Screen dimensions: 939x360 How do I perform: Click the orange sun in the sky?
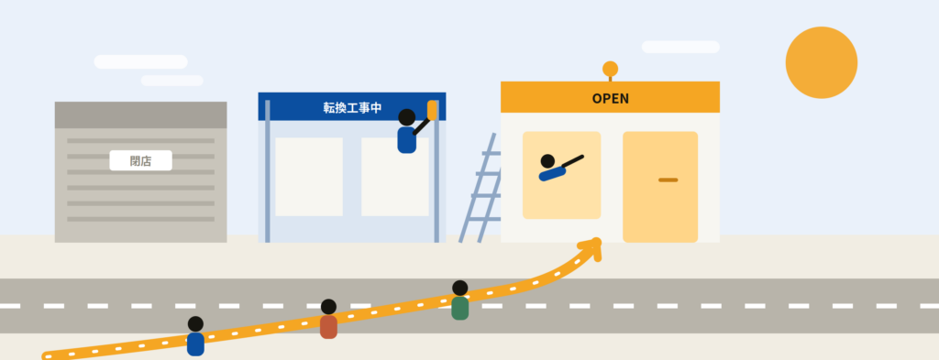click(821, 62)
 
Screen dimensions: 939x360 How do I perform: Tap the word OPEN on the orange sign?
click(610, 99)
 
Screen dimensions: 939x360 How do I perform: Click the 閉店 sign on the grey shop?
click(140, 160)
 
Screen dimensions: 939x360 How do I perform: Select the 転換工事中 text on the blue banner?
click(352, 108)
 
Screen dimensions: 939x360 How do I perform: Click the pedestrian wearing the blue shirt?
click(195, 336)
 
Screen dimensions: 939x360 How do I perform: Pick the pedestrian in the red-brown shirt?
click(328, 320)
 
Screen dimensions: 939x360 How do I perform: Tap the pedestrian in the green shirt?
click(460, 300)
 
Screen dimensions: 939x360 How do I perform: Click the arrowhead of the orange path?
click(592, 247)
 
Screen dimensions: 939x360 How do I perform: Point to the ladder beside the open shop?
click(481, 188)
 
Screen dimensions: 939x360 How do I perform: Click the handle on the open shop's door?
click(668, 180)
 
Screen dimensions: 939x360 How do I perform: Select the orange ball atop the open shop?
click(610, 69)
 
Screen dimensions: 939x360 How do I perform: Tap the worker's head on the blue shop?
click(406, 117)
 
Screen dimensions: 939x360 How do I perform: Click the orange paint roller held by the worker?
click(433, 110)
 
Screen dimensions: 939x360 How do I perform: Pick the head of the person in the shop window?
click(547, 161)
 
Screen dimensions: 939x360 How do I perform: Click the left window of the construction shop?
click(309, 177)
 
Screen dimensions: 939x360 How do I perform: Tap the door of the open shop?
click(660, 187)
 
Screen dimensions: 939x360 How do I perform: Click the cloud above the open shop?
click(680, 47)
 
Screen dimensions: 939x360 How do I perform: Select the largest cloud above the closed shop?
click(140, 61)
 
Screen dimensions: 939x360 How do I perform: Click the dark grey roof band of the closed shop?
click(140, 115)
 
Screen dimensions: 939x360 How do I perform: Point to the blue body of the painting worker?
click(406, 140)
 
